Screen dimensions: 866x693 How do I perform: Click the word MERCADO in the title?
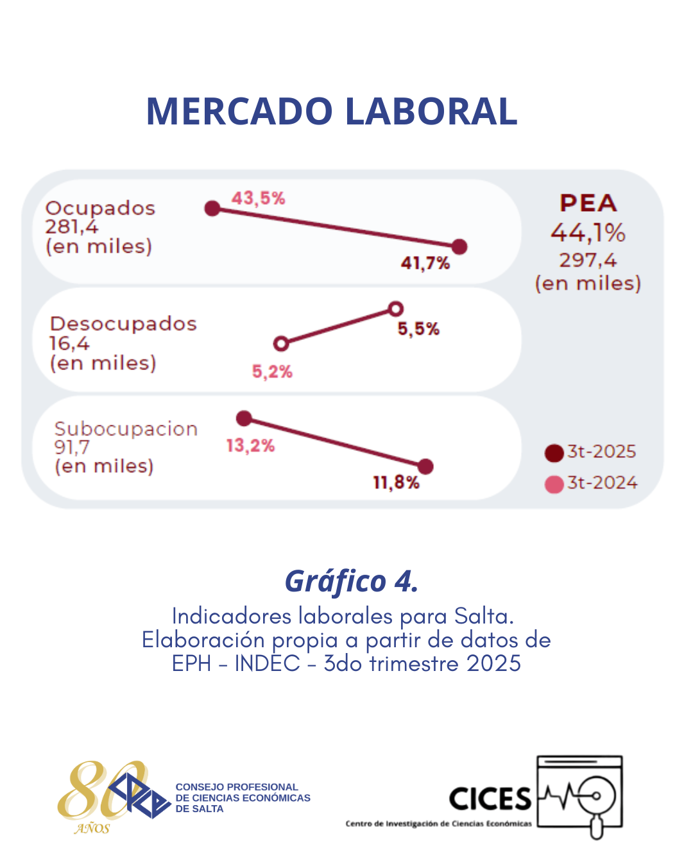point(241,111)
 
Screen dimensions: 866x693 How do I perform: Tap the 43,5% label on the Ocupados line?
point(258,198)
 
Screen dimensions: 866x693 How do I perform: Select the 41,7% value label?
point(425,263)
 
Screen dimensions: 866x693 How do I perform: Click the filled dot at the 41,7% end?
point(459,246)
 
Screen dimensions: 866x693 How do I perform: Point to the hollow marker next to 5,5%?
point(396,309)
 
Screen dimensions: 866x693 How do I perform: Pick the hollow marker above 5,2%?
point(281,344)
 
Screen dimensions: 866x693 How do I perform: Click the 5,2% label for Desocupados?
point(272,371)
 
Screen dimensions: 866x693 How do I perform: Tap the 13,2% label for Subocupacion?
point(250,445)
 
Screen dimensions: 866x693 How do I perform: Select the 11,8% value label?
point(396,482)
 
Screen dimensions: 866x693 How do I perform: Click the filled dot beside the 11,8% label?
point(425,466)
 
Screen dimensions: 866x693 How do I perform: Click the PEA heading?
point(588,203)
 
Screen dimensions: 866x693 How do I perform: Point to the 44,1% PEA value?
point(588,232)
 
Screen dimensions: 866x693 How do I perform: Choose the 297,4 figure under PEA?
point(588,260)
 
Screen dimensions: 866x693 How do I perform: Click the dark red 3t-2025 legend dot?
point(554,453)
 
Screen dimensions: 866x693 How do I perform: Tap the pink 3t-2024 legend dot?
point(554,484)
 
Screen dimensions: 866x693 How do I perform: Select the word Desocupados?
point(123,324)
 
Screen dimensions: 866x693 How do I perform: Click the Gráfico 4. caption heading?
point(351,581)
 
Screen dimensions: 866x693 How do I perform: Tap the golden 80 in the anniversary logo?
point(96,790)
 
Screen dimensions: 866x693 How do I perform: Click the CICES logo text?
point(490,799)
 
